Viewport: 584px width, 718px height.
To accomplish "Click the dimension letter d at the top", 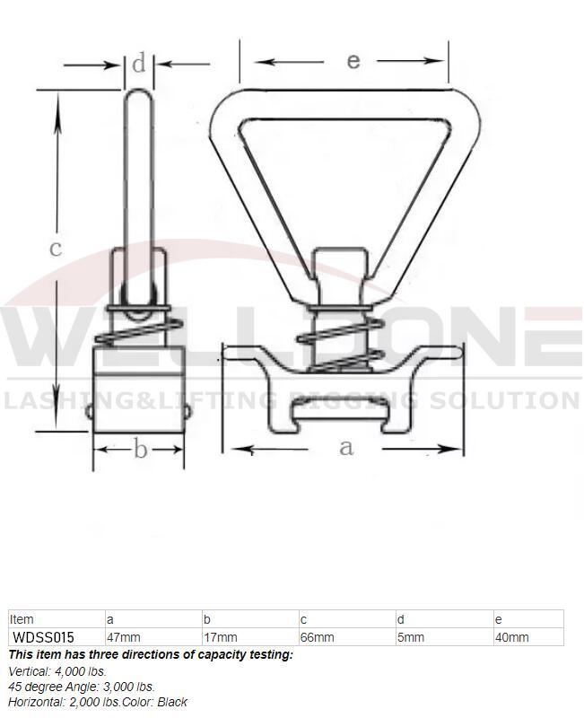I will click(x=138, y=64).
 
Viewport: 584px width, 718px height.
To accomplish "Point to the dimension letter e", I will click(x=353, y=61).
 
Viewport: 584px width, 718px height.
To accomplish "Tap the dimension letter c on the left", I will click(x=56, y=248).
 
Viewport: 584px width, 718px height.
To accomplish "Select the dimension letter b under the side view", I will click(x=140, y=449).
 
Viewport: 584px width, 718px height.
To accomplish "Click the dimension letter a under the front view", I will click(x=346, y=447).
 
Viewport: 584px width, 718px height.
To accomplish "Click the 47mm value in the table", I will click(x=124, y=637).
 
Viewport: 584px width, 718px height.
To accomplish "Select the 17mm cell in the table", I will click(x=221, y=637).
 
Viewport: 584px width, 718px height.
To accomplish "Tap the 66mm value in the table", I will click(x=318, y=637).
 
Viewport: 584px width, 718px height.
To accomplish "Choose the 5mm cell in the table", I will click(x=411, y=637).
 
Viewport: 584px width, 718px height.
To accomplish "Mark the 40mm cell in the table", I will click(x=511, y=637).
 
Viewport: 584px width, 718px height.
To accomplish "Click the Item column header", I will click(x=22, y=619).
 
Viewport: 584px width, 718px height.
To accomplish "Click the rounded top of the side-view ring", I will click(x=138, y=93).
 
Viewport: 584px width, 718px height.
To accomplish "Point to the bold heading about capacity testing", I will click(x=151, y=654).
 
